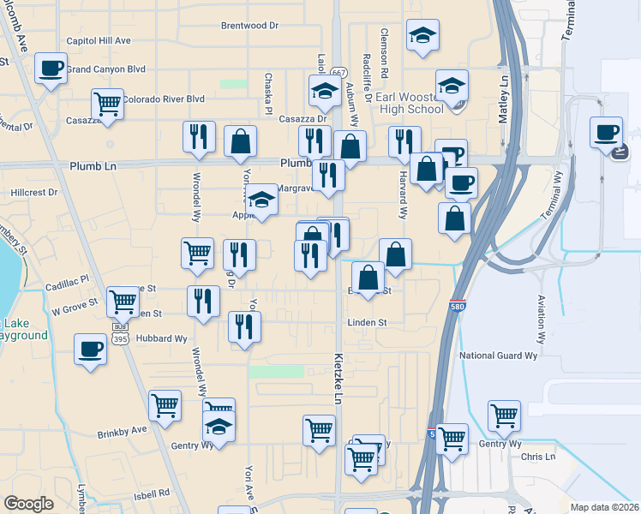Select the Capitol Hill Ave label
tap(99, 40)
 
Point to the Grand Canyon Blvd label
tap(118, 69)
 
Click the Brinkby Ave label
tap(123, 428)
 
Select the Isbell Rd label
tap(152, 493)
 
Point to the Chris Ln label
tap(538, 457)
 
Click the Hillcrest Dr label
tap(33, 194)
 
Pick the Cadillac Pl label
tap(67, 279)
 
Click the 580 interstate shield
tap(457, 306)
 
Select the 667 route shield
tap(339, 74)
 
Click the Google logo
tap(28, 503)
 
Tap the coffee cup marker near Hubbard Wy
tap(91, 350)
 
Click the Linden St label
tap(367, 323)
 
